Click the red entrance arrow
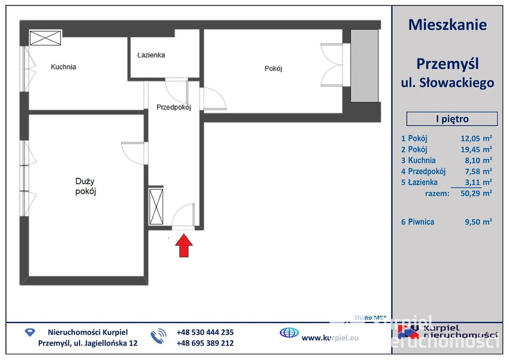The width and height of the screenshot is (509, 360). [184, 246]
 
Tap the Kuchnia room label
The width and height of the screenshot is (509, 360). [63, 67]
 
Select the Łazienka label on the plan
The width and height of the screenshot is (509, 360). [151, 55]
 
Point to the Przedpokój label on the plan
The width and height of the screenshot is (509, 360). [173, 107]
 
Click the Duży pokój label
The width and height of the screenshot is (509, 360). [85, 186]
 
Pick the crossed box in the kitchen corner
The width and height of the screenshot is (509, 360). [45, 38]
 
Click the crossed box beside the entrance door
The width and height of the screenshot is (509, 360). [156, 206]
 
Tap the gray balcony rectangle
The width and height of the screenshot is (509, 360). [364, 66]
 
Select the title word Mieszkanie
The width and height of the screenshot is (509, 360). [447, 25]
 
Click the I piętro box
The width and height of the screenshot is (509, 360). [452, 119]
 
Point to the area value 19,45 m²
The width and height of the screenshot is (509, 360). [476, 149]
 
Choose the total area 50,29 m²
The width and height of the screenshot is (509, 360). [476, 193]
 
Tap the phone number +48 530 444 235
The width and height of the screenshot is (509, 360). [205, 332]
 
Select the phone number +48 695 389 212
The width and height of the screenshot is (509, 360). [205, 343]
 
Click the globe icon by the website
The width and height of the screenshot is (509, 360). [289, 333]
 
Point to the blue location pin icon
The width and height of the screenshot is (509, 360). [30, 332]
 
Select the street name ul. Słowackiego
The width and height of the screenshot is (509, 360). [447, 83]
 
